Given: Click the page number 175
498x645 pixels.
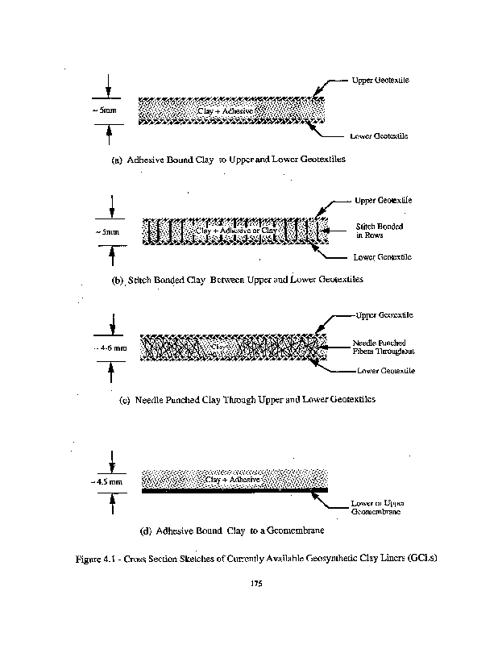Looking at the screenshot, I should tap(257, 584).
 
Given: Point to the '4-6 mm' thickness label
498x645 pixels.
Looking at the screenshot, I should tap(110, 349).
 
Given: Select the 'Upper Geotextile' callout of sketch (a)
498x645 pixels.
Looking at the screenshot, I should tap(380, 81).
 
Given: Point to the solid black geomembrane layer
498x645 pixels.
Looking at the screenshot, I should tap(234, 489).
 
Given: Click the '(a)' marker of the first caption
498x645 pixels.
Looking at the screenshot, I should tap(117, 160).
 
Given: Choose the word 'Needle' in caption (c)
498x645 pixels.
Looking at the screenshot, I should tap(151, 399).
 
